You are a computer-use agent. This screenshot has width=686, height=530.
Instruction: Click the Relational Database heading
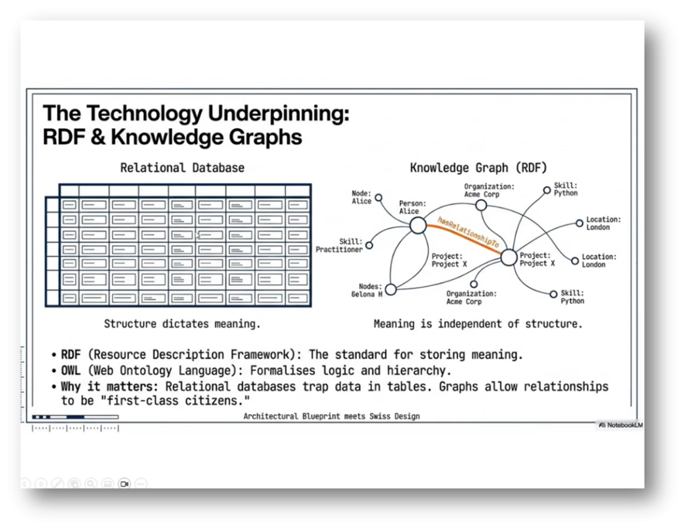click(x=182, y=168)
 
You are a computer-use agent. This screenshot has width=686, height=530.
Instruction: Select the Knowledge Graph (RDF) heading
click(x=478, y=168)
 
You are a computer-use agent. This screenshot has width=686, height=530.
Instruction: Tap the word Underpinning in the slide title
click(x=278, y=114)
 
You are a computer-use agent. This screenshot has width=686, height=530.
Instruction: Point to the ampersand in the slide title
click(x=98, y=137)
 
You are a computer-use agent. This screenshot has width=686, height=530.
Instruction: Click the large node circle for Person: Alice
click(x=418, y=225)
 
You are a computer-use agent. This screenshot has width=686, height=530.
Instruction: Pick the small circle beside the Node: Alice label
click(x=379, y=198)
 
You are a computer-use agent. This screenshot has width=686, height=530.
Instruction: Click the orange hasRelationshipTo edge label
click(x=468, y=232)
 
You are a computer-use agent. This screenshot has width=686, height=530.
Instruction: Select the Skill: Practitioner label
click(x=339, y=245)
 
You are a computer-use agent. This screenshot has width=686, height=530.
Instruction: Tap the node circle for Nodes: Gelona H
click(x=391, y=289)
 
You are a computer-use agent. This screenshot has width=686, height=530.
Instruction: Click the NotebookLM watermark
click(x=621, y=425)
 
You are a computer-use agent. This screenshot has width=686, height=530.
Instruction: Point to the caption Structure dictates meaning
click(x=182, y=324)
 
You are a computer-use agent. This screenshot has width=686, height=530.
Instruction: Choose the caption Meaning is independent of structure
click(x=478, y=324)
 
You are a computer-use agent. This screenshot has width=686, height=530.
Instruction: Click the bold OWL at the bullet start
click(x=71, y=371)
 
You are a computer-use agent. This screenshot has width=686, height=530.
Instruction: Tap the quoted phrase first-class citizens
click(x=178, y=401)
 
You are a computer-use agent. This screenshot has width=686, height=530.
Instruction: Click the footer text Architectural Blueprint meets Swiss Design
click(x=331, y=416)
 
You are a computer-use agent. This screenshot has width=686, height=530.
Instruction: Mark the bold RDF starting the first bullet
click(x=71, y=354)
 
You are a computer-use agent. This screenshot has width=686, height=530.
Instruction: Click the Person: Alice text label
click(x=412, y=208)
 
